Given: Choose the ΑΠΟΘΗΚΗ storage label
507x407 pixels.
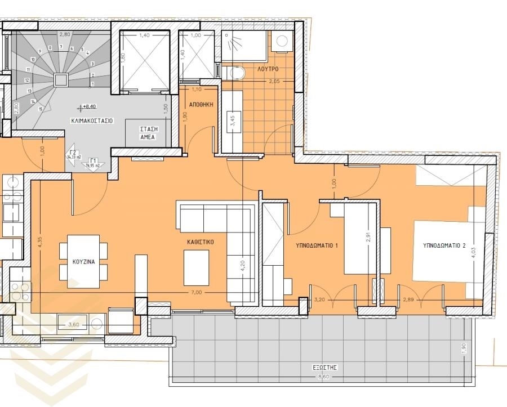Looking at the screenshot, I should coord(200,104).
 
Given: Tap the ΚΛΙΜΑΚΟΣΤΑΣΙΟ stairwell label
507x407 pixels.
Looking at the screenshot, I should coord(92,120).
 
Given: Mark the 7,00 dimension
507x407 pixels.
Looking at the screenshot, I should coord(196,293).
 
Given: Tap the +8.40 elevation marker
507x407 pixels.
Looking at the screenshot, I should coord(89,105).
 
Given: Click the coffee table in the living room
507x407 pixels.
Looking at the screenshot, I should coord(197,265).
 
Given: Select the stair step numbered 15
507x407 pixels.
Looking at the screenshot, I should coord(41,109).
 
